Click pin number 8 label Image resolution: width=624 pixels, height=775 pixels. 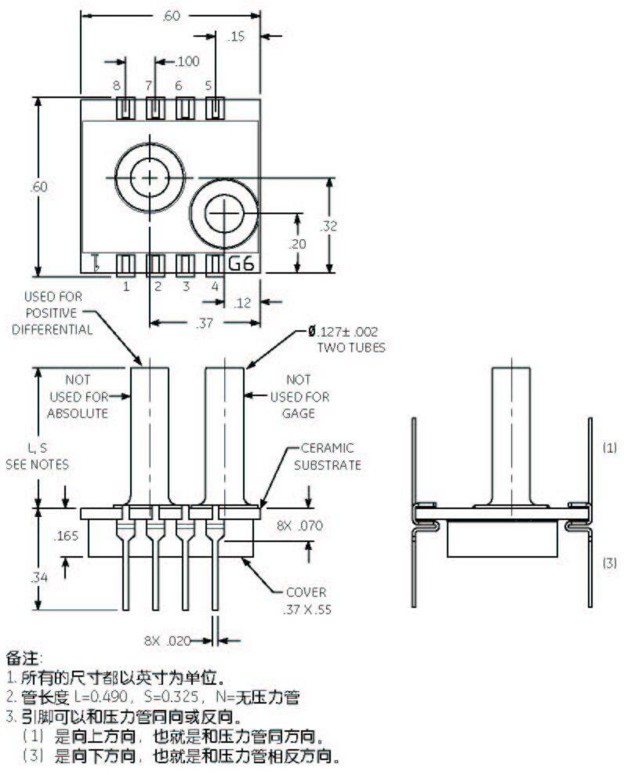(116, 85)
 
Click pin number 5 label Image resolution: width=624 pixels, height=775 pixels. (209, 85)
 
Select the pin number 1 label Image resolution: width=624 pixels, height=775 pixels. (125, 286)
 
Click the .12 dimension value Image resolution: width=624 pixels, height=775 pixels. (243, 302)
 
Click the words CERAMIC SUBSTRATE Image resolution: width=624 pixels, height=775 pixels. (328, 457)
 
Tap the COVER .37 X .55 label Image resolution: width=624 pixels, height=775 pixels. (307, 599)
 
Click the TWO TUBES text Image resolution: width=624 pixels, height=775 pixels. (350, 347)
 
